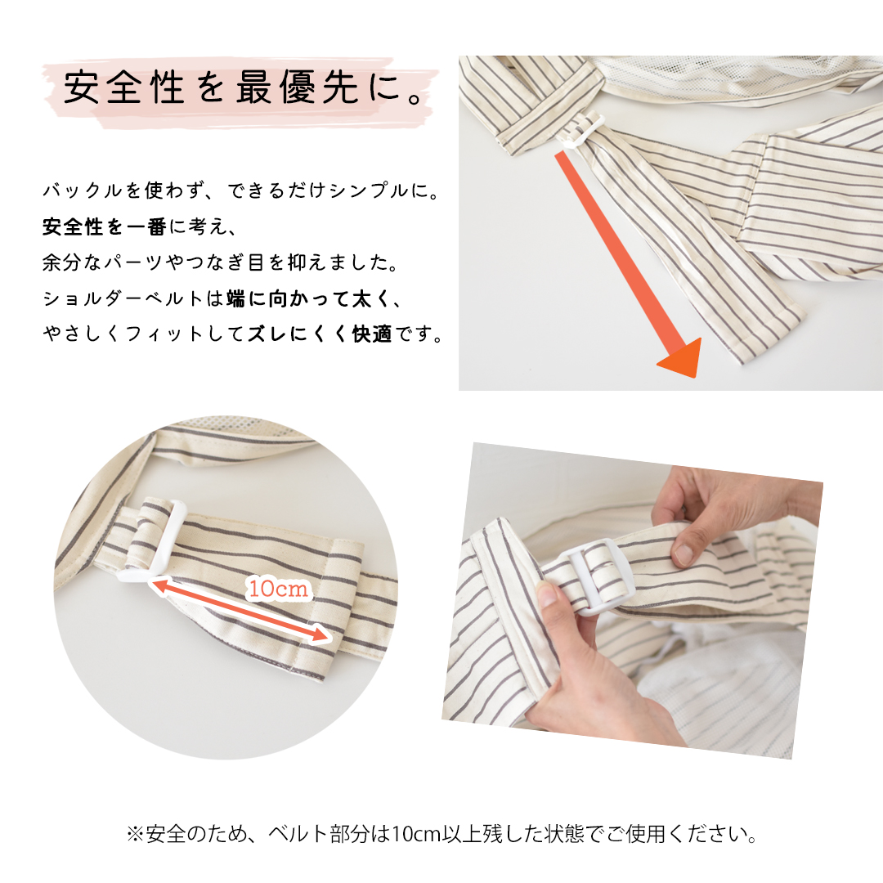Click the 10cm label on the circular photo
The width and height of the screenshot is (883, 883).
[x=278, y=588]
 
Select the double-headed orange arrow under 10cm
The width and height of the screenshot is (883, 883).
[x=241, y=609]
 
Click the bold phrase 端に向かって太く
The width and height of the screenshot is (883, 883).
[x=303, y=299]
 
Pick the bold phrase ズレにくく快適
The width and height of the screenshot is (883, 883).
[x=320, y=334]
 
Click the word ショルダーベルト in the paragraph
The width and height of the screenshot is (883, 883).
[x=122, y=299]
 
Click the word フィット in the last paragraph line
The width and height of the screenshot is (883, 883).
[x=156, y=334]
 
